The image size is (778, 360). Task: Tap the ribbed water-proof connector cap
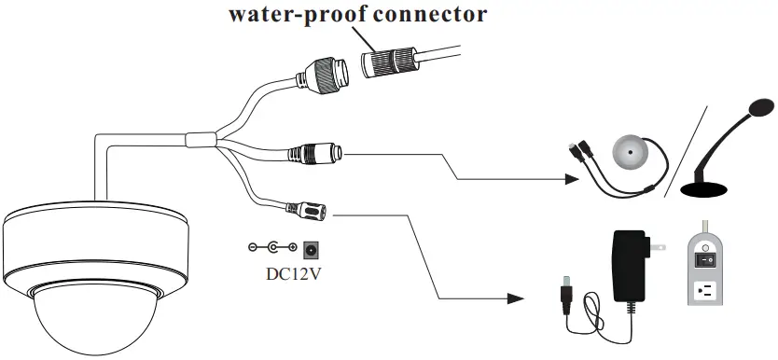click(390, 64)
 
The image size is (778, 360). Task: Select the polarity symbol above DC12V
click(271, 248)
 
